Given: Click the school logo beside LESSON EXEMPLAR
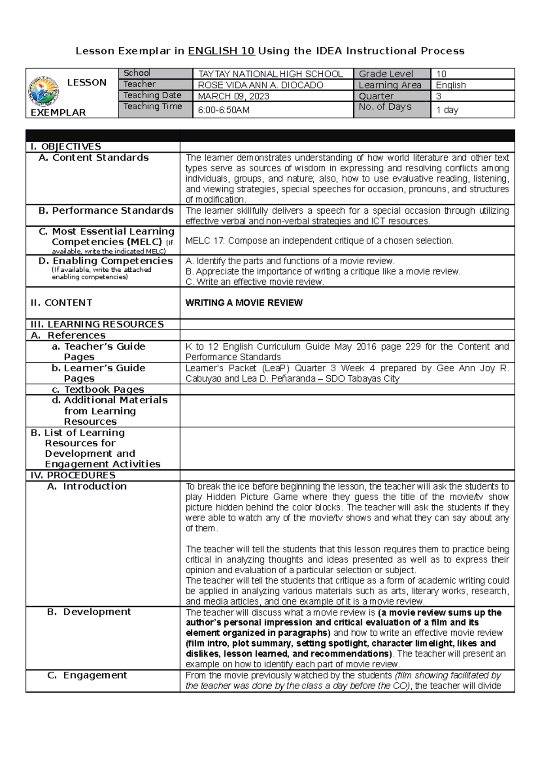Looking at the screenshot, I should click(43, 91).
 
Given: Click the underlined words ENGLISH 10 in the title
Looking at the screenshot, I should click(221, 51).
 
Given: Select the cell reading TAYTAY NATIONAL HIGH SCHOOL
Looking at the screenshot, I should click(270, 74).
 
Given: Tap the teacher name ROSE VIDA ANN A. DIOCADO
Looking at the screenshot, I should click(261, 85).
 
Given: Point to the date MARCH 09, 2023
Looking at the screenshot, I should click(234, 96).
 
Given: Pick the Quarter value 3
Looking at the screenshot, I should click(439, 96).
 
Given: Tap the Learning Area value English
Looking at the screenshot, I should click(451, 85).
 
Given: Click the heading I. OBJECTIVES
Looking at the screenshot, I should click(66, 147).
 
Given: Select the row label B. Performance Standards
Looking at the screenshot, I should click(106, 211).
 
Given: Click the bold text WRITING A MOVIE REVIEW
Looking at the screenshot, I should click(244, 303).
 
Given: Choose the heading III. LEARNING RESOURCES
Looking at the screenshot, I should click(97, 324).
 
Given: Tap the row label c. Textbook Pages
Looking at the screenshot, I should click(98, 390).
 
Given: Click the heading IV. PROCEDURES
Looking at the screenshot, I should click(73, 476).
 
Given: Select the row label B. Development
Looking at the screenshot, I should click(89, 612).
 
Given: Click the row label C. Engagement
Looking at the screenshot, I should click(87, 675).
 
